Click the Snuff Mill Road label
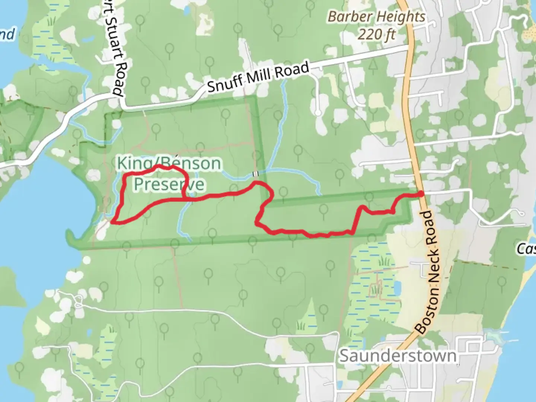[258, 77]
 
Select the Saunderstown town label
[398, 356]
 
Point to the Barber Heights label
[376, 17]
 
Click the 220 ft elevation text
[376, 35]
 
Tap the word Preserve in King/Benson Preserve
[169, 184]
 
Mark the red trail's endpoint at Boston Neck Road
[421, 194]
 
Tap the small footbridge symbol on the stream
[256, 174]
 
